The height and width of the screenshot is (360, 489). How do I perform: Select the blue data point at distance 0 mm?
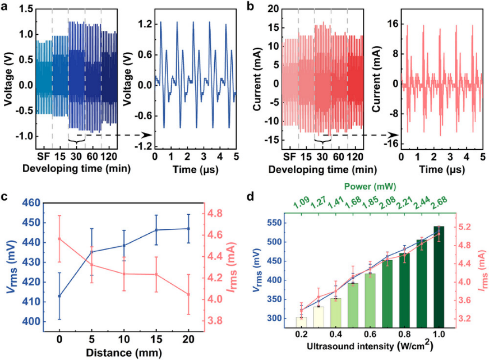[x=59, y=296]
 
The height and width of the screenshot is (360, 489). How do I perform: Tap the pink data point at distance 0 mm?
[x=59, y=239]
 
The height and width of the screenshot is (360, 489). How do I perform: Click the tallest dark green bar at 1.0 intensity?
[x=439, y=280]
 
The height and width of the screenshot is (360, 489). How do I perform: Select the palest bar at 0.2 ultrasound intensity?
[x=301, y=326]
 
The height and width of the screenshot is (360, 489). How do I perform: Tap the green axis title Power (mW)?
[x=370, y=198]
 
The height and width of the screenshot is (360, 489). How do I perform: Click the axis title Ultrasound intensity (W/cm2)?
[x=370, y=352]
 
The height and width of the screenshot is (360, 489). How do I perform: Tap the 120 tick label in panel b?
[x=355, y=155]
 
